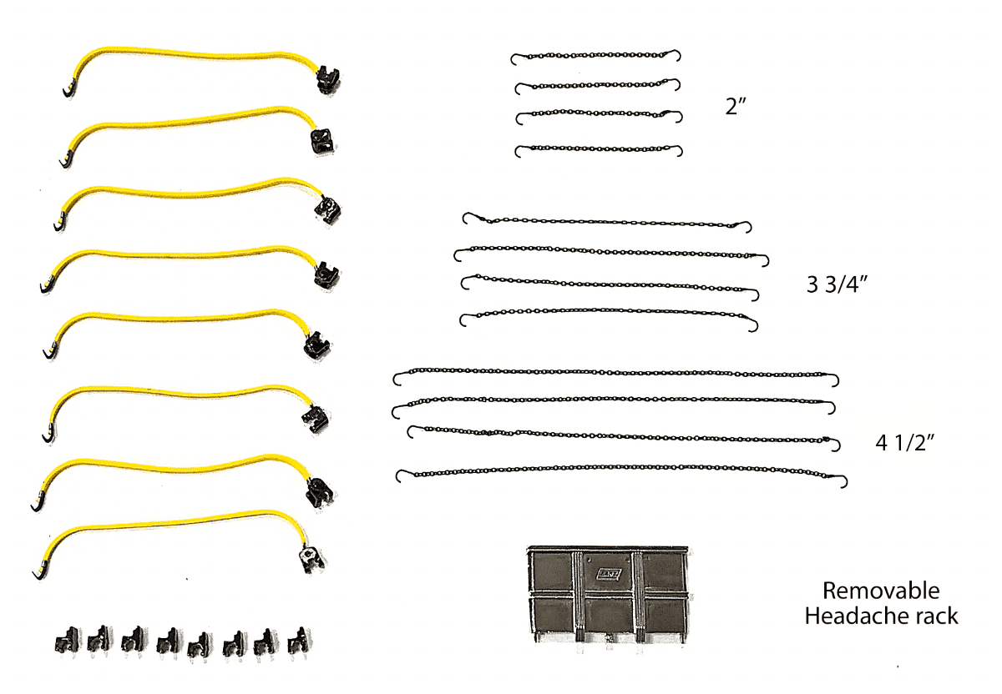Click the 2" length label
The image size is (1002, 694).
point(736,107)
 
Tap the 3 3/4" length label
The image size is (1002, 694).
point(837,284)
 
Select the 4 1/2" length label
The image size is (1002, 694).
point(905,443)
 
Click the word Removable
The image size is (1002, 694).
point(881,591)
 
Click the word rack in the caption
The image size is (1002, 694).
point(937,616)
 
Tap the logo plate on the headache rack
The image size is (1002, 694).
point(609,574)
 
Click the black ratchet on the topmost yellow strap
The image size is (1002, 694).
point(328,79)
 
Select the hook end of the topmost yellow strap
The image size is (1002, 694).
point(68,89)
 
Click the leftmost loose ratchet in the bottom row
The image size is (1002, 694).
point(67,641)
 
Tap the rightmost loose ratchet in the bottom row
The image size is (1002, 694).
point(299,640)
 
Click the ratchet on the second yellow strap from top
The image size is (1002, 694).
point(322,142)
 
